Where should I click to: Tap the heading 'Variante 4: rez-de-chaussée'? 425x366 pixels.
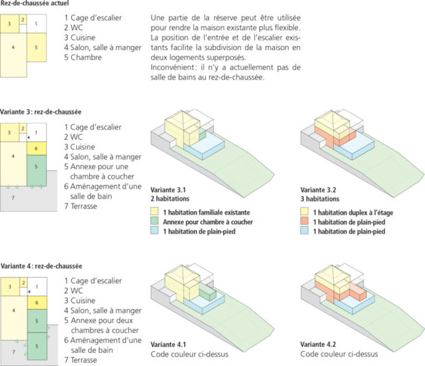(x=41, y=266)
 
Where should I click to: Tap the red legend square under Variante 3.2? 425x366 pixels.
(x=305, y=223)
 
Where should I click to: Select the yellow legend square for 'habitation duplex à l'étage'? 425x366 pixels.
(x=305, y=213)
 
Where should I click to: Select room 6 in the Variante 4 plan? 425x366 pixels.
(x=36, y=302)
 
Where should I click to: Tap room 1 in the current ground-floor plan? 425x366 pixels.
(x=36, y=24)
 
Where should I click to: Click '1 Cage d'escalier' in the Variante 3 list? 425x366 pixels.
(x=93, y=127)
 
